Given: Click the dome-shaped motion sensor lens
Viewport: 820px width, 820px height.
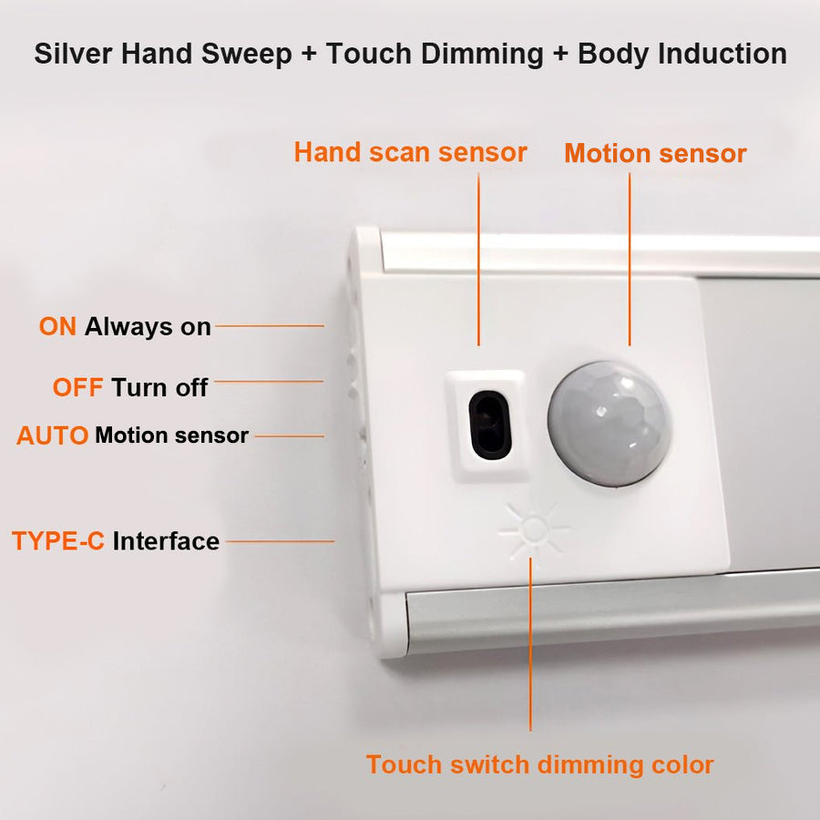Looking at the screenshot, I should tap(609, 423).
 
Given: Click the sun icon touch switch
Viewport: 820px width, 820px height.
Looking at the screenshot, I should tap(533, 529).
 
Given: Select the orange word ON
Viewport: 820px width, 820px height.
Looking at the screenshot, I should tap(58, 327).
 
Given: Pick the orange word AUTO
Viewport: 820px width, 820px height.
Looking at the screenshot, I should tap(52, 436).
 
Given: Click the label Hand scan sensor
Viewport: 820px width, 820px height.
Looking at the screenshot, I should tap(410, 152).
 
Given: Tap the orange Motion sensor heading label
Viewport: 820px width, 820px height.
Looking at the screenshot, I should tap(655, 153).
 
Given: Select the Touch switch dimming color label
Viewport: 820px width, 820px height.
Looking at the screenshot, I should tap(539, 764).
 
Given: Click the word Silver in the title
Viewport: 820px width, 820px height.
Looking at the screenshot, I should tap(74, 54).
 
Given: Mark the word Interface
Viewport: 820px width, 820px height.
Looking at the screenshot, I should tap(166, 541).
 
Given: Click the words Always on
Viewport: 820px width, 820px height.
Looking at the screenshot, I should tap(148, 327).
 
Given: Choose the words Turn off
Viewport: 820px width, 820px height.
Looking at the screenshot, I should tap(159, 387).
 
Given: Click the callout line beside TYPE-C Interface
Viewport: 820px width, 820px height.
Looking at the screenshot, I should tap(280, 541).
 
